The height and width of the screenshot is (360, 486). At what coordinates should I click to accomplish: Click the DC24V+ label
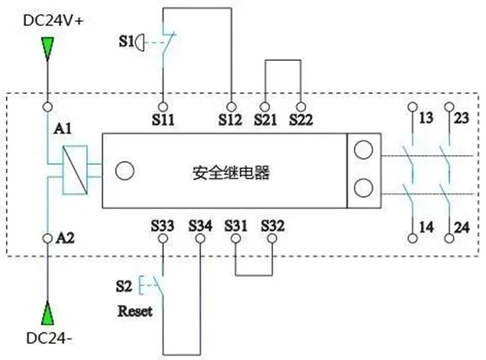(x=53, y=21)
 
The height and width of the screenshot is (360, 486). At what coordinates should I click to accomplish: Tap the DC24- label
(x=49, y=338)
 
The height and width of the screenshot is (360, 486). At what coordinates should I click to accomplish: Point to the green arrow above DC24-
(x=48, y=313)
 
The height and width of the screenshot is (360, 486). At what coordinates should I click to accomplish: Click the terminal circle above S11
(x=163, y=107)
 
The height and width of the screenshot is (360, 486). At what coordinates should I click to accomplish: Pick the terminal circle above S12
(x=231, y=107)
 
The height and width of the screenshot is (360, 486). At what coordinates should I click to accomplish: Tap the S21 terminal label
(x=265, y=120)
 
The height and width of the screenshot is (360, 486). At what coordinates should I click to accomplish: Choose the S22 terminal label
(x=301, y=120)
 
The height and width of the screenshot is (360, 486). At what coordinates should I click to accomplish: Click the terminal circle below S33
(x=163, y=239)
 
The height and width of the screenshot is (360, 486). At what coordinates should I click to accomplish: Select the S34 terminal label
(x=200, y=226)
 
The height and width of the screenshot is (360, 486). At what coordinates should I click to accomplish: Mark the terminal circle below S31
(x=236, y=239)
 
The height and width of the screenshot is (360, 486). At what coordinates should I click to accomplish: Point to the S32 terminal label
(x=273, y=226)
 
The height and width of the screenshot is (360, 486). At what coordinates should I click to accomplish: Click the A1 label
(x=63, y=128)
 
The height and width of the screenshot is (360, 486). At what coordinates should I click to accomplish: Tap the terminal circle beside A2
(x=48, y=239)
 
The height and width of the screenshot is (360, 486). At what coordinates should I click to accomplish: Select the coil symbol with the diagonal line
(x=75, y=170)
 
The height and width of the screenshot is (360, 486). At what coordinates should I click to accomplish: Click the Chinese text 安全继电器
(x=231, y=173)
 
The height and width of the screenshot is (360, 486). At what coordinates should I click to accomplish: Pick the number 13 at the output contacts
(x=426, y=118)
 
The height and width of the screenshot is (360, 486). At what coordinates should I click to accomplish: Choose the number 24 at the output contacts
(x=462, y=228)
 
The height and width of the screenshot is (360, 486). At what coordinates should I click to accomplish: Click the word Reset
(x=135, y=311)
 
